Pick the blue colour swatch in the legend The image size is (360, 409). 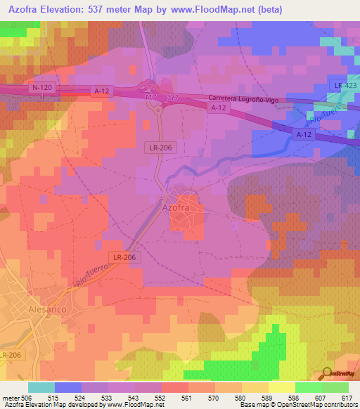(68, 387)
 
